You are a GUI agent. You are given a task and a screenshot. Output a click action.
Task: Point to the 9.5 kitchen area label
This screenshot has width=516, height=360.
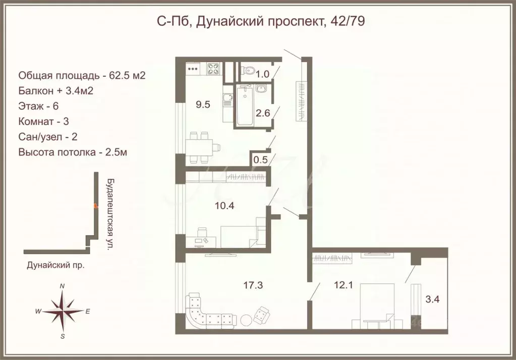pos(203,105)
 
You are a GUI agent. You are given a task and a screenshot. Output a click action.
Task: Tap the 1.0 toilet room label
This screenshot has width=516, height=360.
pos(263,74)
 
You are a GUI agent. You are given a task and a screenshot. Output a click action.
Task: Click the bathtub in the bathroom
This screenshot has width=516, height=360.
pos(244,105)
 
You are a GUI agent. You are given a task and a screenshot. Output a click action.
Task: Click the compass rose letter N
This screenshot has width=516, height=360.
pos(62,286)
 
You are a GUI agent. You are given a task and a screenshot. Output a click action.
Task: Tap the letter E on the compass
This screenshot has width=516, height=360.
pos(87,312)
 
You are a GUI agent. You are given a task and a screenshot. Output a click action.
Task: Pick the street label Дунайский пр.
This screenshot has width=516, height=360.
pos(54,264)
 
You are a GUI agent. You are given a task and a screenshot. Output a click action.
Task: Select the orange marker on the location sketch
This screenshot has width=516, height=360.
pos(95,205)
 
